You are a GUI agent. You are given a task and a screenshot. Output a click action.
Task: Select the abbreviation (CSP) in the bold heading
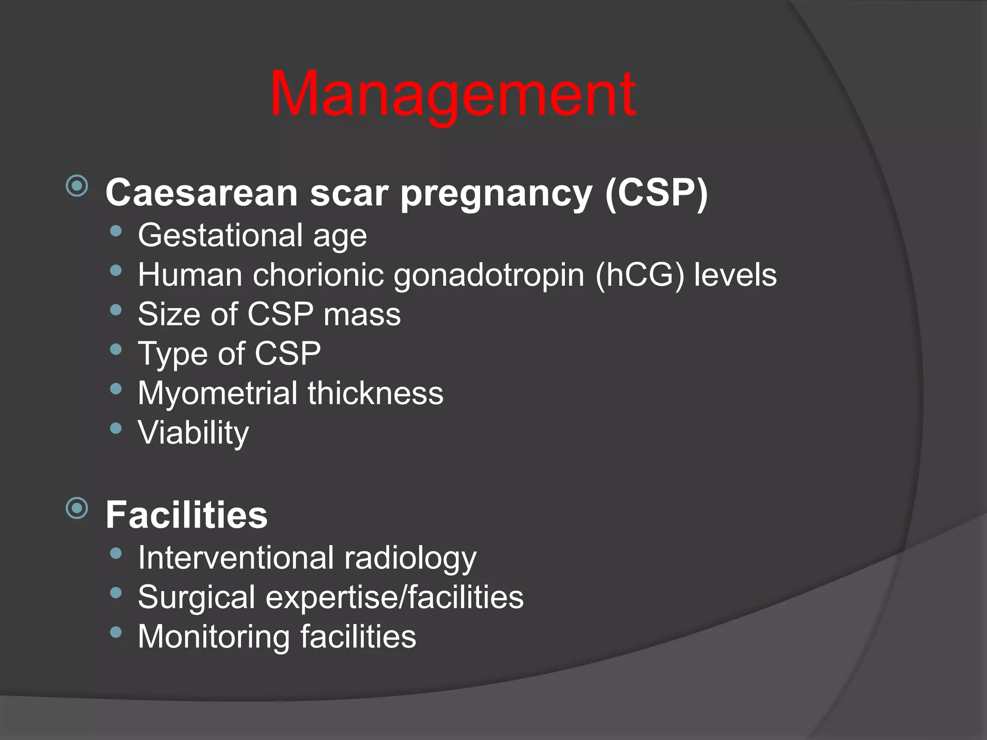click(656, 193)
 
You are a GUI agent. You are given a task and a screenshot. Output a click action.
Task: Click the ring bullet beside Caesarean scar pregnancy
click(77, 186)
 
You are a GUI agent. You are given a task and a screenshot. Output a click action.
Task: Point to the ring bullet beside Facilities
click(77, 508)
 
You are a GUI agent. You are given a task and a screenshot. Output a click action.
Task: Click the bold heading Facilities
click(187, 515)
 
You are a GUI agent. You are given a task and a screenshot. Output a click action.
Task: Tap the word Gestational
click(220, 236)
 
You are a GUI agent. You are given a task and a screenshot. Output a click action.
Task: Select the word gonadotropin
click(489, 276)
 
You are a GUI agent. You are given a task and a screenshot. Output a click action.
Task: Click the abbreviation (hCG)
click(640, 276)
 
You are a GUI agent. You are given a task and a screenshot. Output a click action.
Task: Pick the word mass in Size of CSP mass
click(362, 315)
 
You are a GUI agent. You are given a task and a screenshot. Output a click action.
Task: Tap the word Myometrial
click(217, 393)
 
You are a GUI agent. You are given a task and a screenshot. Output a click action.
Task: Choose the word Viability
click(193, 433)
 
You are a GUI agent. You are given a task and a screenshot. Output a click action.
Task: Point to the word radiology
click(410, 558)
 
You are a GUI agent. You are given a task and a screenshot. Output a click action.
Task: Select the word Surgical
click(196, 597)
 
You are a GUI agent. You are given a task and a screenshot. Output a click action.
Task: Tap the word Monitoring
click(214, 637)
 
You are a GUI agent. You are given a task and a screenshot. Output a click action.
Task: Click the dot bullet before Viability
click(116, 428)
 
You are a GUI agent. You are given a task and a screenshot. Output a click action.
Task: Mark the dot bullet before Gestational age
click(116, 231)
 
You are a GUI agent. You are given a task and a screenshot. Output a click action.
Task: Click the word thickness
click(375, 393)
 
